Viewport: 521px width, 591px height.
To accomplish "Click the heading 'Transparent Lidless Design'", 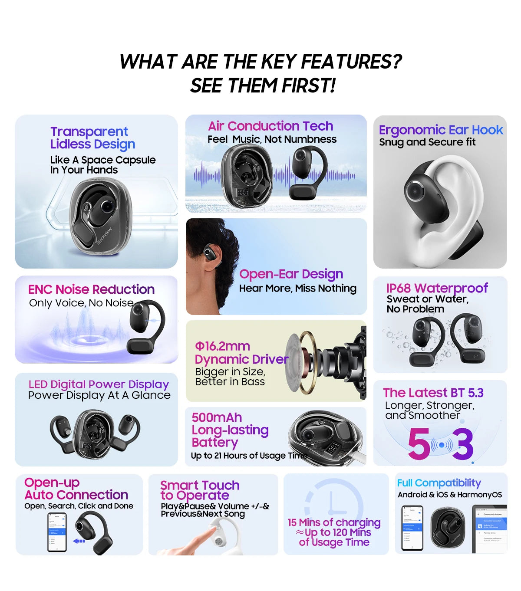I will [92, 138].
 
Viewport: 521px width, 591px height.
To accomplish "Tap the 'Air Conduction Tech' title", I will [270, 126].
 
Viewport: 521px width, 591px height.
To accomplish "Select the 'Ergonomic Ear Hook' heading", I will [441, 130].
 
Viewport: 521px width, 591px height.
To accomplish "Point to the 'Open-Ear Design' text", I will [291, 274].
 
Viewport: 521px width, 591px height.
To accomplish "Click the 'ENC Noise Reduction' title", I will [91, 289].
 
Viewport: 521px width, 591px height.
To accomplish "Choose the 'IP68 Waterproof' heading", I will [437, 288].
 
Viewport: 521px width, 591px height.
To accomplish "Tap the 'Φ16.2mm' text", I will [222, 346].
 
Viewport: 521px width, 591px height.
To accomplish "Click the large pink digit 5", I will [419, 444].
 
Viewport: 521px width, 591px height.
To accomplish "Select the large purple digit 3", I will [463, 444].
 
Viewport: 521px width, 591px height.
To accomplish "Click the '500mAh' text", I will [217, 417].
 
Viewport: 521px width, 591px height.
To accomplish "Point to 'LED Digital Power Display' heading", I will [99, 384].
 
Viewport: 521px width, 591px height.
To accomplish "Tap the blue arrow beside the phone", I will [79, 541].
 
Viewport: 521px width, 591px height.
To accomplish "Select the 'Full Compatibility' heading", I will [439, 483].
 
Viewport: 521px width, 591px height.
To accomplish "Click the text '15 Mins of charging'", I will [334, 522].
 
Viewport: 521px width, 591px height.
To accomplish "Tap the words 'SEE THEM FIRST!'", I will [263, 85].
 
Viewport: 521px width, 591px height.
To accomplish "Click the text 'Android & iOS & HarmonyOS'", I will [449, 495].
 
